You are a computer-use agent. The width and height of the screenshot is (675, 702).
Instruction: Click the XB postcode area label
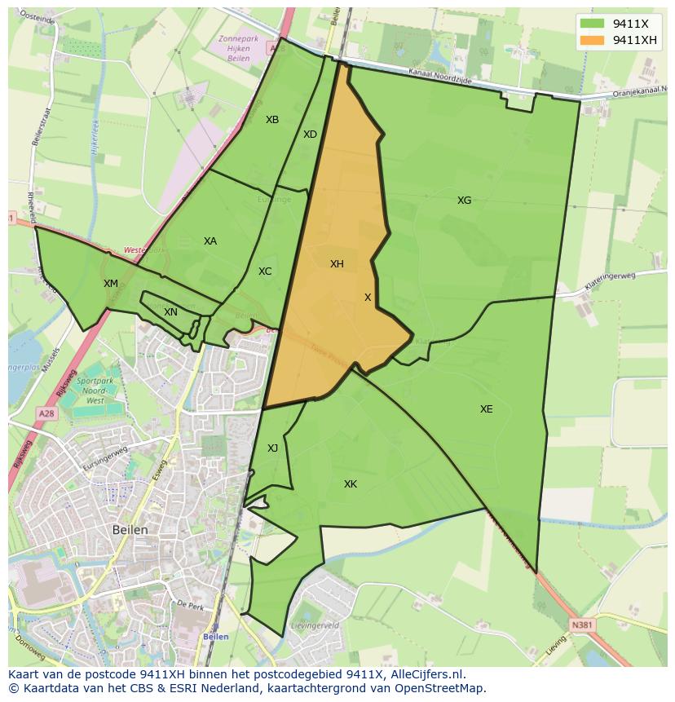point(272,120)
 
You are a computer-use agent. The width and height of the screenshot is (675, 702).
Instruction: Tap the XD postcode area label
point(310,135)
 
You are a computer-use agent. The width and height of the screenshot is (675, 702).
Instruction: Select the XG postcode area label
point(464,201)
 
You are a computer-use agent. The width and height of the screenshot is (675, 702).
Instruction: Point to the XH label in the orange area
point(337,264)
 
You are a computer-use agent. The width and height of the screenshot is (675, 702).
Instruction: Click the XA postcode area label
point(210,241)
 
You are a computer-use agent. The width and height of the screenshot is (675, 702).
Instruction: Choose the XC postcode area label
point(265,272)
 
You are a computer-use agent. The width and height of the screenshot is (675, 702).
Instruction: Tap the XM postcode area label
point(111,284)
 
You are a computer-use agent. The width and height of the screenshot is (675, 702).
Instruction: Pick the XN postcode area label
point(170,312)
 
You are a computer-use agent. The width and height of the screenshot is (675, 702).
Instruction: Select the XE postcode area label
point(486,409)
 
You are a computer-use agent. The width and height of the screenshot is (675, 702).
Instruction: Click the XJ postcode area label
point(272,448)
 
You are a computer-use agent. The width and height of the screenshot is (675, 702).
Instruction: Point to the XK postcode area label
point(351,484)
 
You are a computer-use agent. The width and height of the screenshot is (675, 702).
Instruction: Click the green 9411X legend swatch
point(593,24)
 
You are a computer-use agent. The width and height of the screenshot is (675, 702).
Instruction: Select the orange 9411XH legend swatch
point(593,41)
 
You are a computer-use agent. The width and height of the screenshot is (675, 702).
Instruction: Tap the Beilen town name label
point(130,530)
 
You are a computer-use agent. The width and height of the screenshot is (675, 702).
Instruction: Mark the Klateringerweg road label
point(609,281)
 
